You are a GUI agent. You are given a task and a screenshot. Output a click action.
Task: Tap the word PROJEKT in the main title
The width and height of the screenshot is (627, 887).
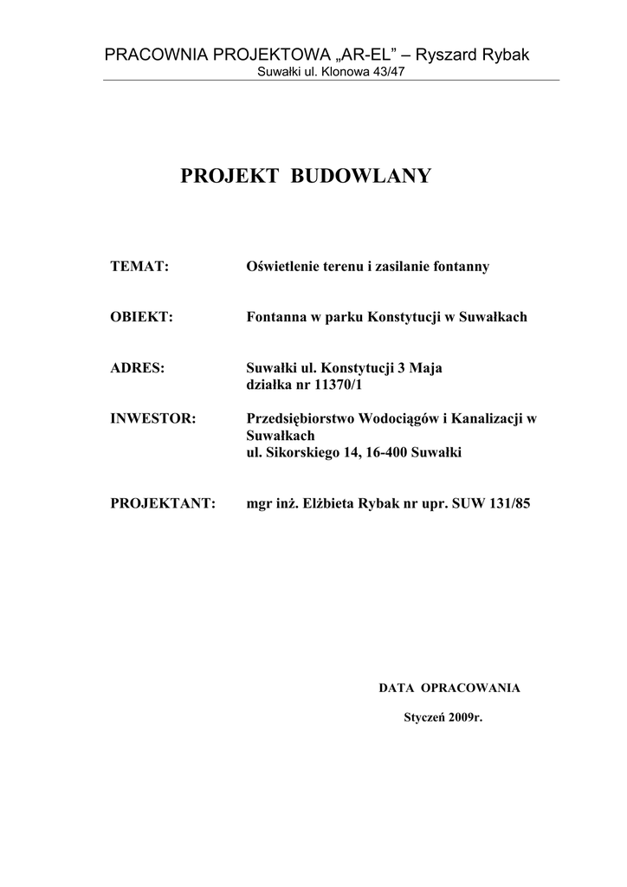click(229, 177)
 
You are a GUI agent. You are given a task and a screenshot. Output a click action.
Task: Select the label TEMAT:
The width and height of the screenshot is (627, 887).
click(139, 266)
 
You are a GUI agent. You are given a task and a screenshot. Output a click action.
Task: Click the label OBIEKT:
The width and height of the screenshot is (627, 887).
click(142, 317)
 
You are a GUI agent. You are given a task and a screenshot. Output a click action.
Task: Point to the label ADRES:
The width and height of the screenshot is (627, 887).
click(138, 367)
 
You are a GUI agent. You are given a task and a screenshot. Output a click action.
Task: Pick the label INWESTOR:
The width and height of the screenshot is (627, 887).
click(153, 418)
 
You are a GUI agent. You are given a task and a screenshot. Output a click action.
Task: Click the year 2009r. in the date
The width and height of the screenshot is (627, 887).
click(465, 718)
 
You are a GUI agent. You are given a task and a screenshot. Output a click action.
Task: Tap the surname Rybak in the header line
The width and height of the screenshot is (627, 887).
click(501, 55)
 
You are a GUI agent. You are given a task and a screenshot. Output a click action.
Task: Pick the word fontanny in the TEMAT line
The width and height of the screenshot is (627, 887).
click(460, 266)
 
